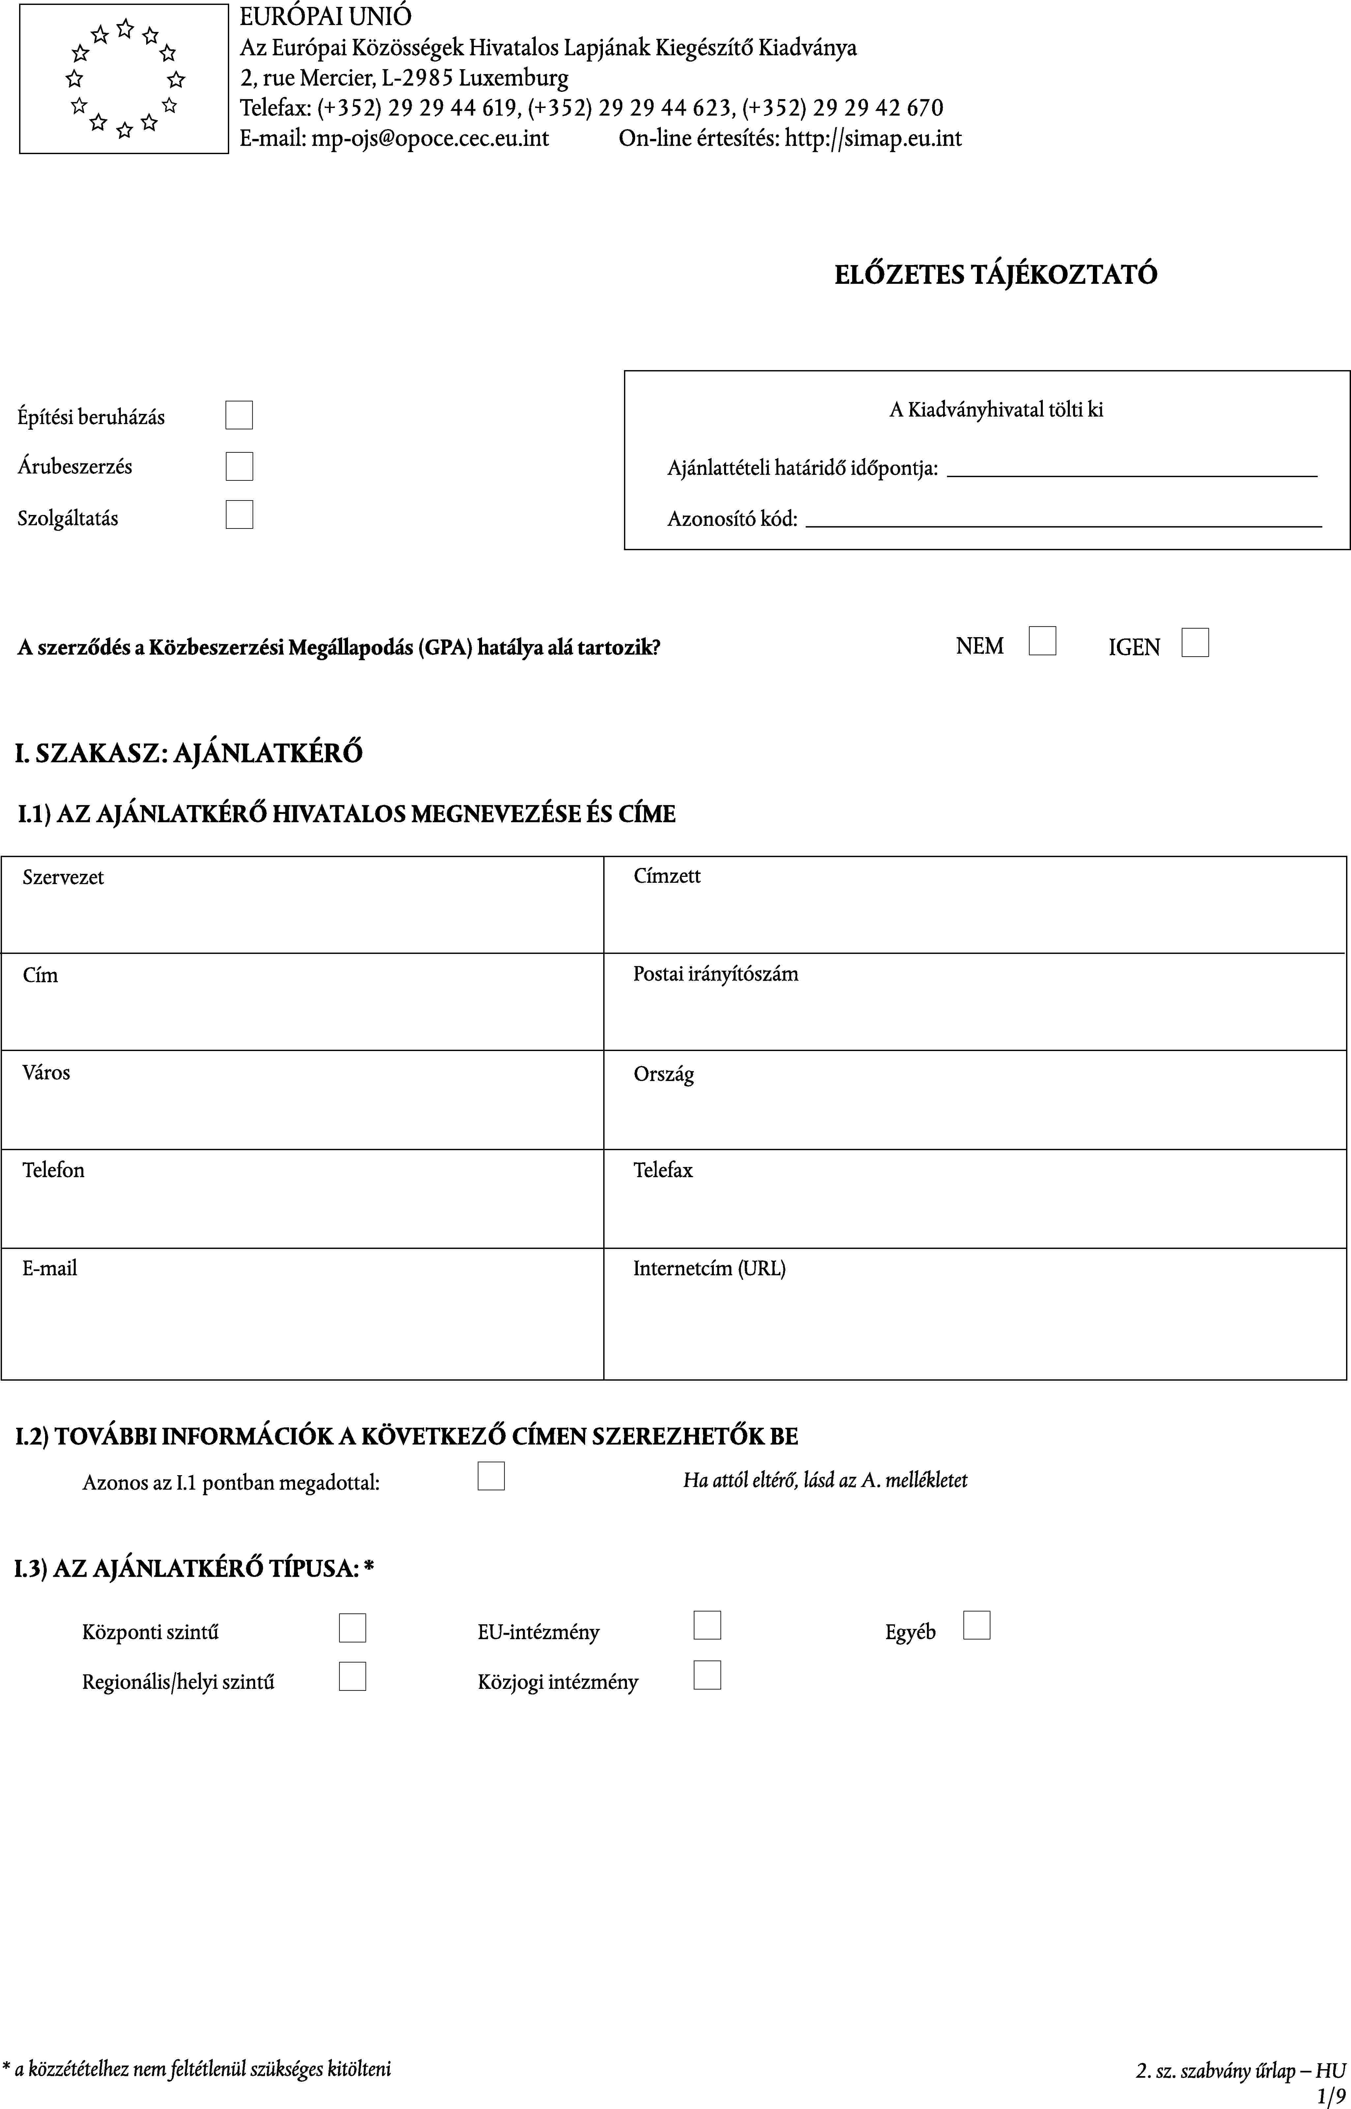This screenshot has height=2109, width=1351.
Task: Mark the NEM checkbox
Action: point(1042,641)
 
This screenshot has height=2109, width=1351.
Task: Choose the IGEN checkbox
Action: point(1195,643)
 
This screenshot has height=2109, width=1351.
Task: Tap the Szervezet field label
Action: point(63,877)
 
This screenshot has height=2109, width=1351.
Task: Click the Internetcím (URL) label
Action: point(709,1269)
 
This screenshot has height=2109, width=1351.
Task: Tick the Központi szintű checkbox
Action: point(352,1628)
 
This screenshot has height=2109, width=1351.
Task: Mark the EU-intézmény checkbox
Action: point(707,1626)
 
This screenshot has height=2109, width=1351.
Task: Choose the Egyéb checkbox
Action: point(976,1626)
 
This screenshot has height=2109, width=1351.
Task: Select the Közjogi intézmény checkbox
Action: point(707,1676)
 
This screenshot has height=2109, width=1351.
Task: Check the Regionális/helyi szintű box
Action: point(352,1676)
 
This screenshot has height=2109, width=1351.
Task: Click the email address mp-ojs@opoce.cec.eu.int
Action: point(430,139)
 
